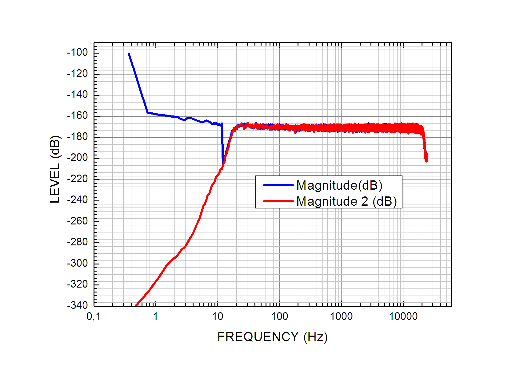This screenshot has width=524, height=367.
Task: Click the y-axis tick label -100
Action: pyautogui.click(x=78, y=52)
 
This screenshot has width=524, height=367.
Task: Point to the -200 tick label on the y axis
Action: pyautogui.click(x=78, y=158)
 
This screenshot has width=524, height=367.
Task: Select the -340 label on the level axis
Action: pyautogui.click(x=78, y=305)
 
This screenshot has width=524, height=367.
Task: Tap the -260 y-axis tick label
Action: pyautogui.click(x=78, y=221)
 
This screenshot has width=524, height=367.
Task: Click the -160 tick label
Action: pyautogui.click(x=78, y=115)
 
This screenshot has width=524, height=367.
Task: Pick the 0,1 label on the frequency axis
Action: pyautogui.click(x=94, y=316)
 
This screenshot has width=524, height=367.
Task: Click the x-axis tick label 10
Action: pyautogui.click(x=218, y=316)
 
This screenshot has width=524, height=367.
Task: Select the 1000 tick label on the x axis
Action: pyautogui.click(x=341, y=316)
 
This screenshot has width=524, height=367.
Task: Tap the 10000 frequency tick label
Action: pyautogui.click(x=403, y=316)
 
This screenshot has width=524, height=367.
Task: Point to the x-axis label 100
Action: pyautogui.click(x=279, y=316)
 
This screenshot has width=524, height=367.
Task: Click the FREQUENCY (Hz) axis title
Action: pyautogui.click(x=272, y=337)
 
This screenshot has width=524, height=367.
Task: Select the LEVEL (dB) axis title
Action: pyautogui.click(x=55, y=169)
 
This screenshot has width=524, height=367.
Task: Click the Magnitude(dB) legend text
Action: pyautogui.click(x=339, y=185)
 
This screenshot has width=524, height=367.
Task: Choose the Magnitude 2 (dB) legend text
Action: pyautogui.click(x=346, y=201)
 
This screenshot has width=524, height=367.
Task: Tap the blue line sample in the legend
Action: pyautogui.click(x=278, y=185)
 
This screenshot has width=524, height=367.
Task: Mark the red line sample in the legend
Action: pyautogui.click(x=278, y=201)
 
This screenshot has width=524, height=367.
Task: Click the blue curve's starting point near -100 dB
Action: pyautogui.click(x=129, y=54)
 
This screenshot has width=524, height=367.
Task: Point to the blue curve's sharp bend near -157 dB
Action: pyautogui.click(x=148, y=112)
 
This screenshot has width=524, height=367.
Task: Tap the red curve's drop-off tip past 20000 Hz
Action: pyautogui.click(x=426, y=160)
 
